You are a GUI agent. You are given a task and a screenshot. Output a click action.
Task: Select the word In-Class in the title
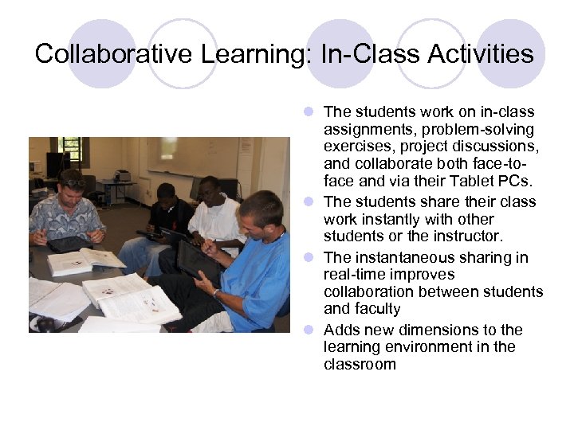click(360, 53)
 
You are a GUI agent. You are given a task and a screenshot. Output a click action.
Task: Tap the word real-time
click(355, 275)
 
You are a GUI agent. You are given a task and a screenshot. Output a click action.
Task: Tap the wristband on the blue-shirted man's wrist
click(216, 292)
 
